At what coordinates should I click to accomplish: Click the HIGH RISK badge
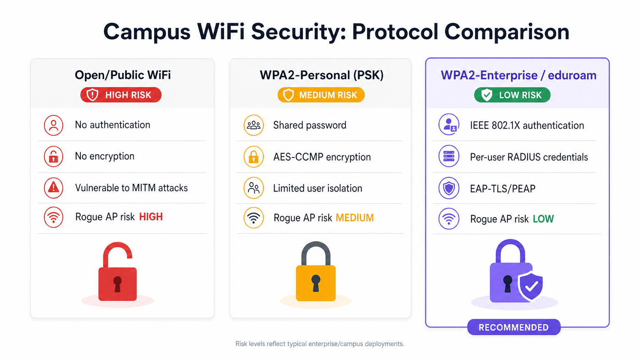click(x=121, y=95)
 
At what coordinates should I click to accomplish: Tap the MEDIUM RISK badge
click(x=321, y=95)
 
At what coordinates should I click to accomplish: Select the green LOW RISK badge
click(x=512, y=95)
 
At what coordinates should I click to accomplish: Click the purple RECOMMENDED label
click(x=514, y=327)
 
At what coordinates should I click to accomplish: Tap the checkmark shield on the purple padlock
click(x=530, y=285)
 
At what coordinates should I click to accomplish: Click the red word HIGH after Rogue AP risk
click(x=151, y=217)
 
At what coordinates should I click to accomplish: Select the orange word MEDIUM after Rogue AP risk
click(x=355, y=218)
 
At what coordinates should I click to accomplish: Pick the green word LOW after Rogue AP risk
click(x=543, y=219)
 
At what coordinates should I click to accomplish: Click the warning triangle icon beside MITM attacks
click(x=54, y=188)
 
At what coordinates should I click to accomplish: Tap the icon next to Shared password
click(x=254, y=125)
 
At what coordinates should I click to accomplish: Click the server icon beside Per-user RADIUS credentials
click(x=449, y=156)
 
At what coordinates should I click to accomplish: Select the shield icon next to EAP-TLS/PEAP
click(x=449, y=188)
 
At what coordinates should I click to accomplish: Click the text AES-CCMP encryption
click(x=322, y=157)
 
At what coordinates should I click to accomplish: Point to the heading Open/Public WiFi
click(x=123, y=75)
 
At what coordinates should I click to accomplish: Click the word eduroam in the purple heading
click(x=572, y=75)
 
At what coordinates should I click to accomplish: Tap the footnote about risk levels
click(x=320, y=344)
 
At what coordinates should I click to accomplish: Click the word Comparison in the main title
click(x=507, y=32)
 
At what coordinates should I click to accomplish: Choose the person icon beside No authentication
click(x=54, y=125)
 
